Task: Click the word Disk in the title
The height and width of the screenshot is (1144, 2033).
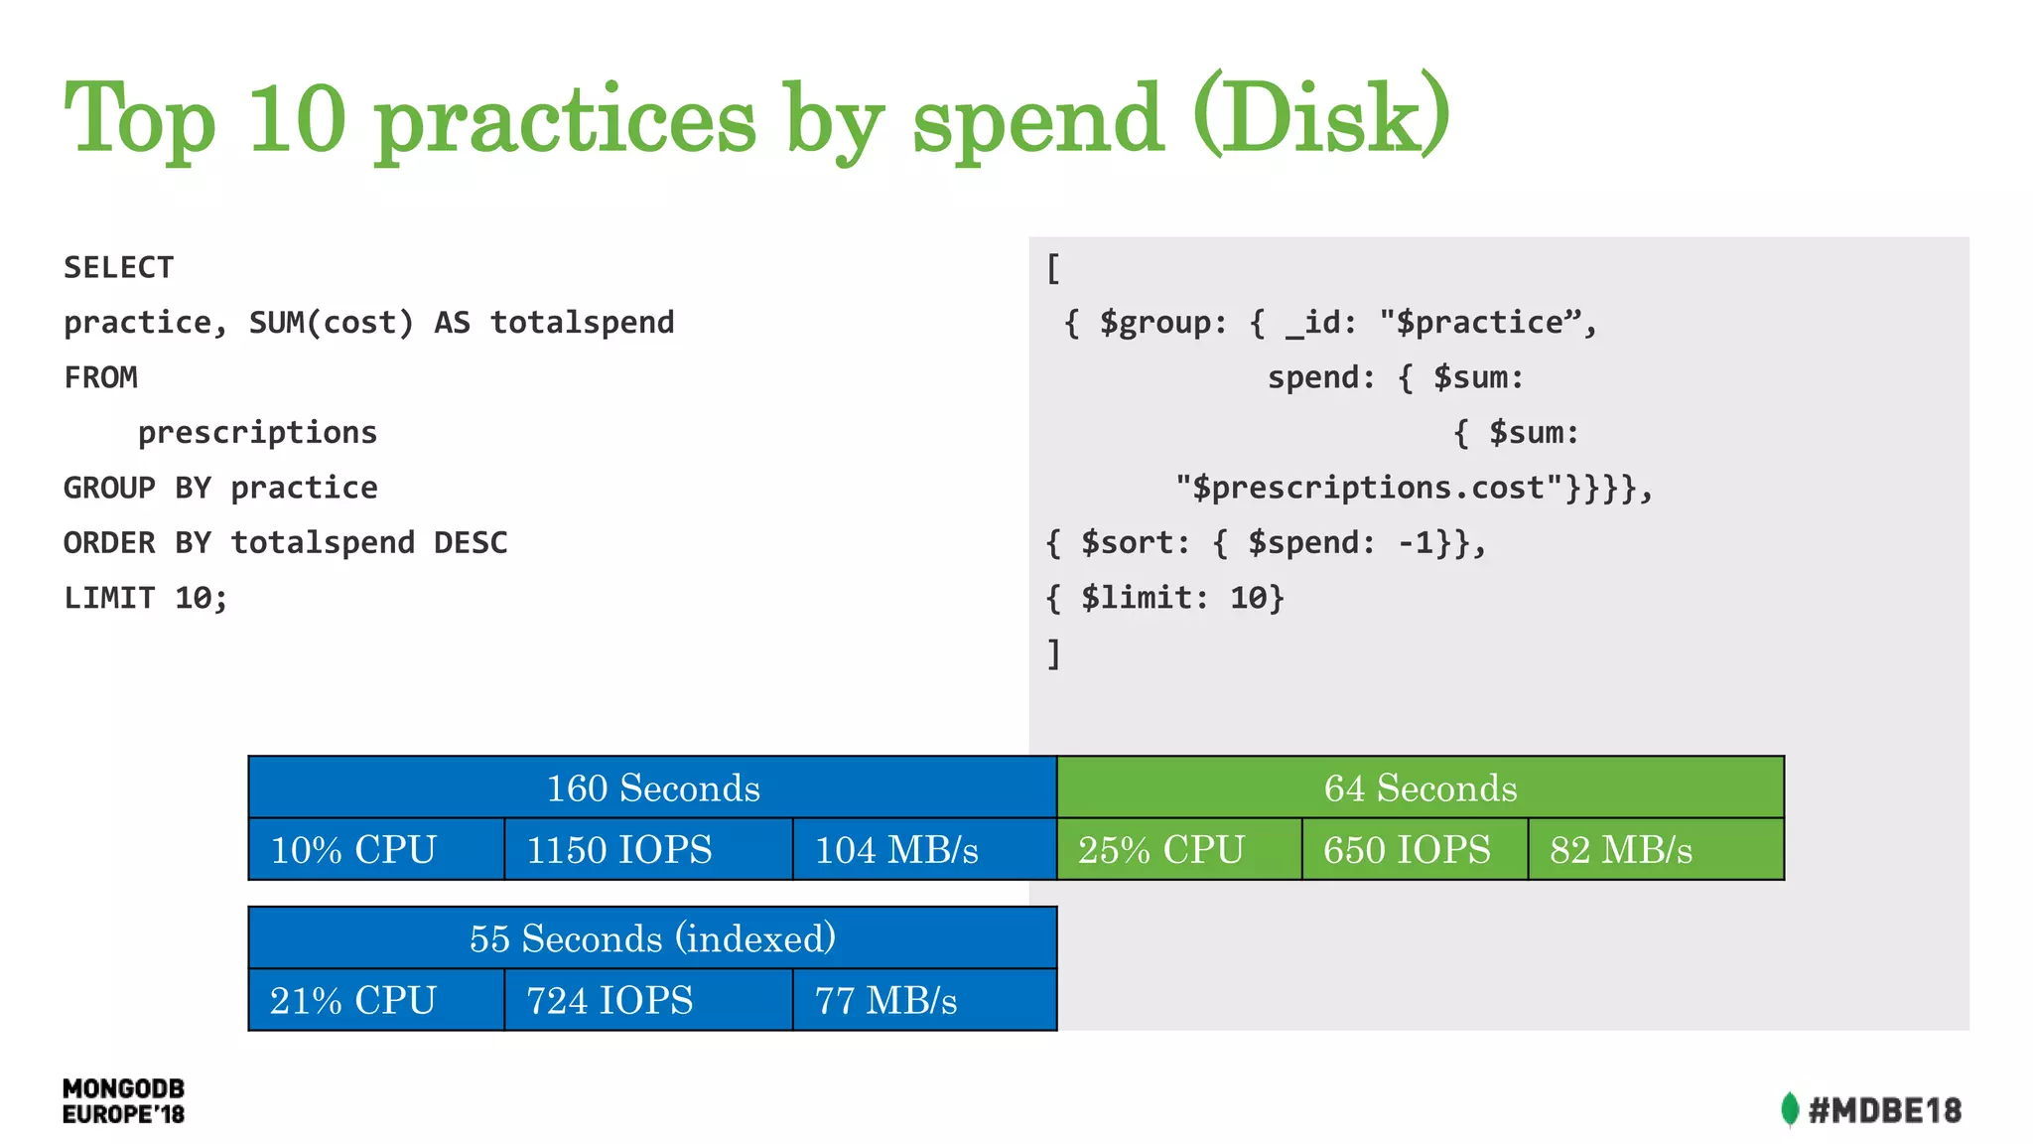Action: click(x=1320, y=119)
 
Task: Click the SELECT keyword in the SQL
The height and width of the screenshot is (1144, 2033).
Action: click(x=118, y=267)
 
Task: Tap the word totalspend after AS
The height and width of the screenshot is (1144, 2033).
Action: click(x=582, y=323)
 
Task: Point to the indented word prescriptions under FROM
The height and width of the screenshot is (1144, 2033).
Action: click(x=257, y=433)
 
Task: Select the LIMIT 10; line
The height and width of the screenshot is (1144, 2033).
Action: click(x=146, y=598)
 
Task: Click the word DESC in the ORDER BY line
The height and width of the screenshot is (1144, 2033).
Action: click(x=471, y=543)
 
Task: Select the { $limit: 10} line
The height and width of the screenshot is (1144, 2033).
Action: click(x=1164, y=598)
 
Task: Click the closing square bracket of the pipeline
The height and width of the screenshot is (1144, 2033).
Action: click(x=1054, y=653)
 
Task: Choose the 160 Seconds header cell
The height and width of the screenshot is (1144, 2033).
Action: click(x=652, y=788)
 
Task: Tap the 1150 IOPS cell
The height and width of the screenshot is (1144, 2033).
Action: click(x=647, y=850)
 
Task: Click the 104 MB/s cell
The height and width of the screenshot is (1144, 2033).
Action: click(x=923, y=850)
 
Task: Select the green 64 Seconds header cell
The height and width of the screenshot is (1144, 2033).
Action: click(x=1420, y=788)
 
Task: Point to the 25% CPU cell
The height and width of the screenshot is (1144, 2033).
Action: click(x=1178, y=850)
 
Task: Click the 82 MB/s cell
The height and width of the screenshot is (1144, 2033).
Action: click(x=1655, y=850)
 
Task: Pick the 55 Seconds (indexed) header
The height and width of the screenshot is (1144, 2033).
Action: click(x=652, y=938)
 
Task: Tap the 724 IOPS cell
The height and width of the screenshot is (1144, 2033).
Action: click(x=647, y=1000)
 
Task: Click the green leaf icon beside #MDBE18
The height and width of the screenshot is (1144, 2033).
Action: click(x=1789, y=1109)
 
